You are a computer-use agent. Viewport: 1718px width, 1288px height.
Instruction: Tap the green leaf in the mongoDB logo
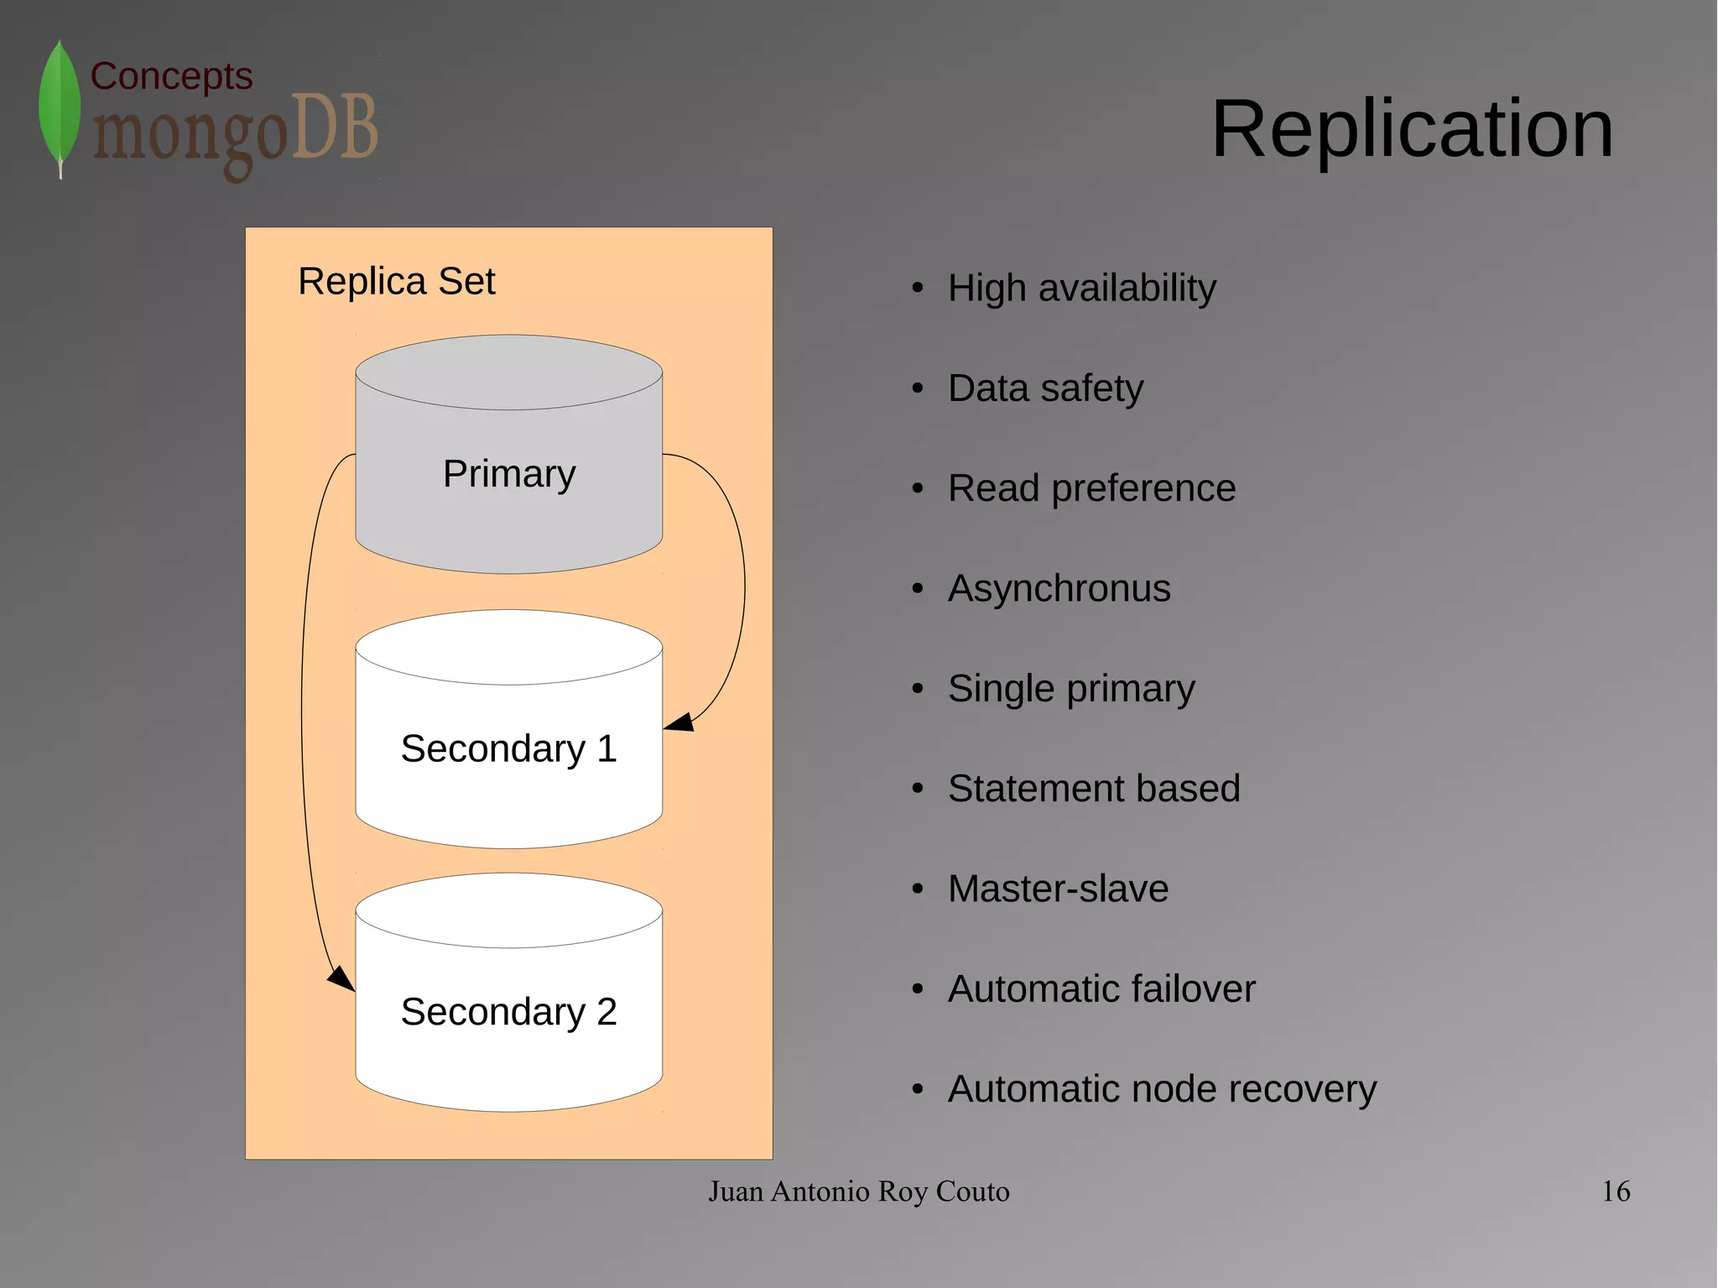coord(60,105)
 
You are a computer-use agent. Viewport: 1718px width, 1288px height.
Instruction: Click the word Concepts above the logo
coord(171,76)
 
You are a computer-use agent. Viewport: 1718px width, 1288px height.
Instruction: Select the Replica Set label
coord(396,281)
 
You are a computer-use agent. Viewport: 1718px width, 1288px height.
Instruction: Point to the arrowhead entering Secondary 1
coord(680,722)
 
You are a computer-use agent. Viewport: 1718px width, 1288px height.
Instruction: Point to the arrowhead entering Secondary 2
coord(341,978)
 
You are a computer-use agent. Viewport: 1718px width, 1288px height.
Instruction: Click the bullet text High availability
coord(1081,288)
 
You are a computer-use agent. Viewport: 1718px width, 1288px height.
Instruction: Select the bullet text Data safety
coord(1045,388)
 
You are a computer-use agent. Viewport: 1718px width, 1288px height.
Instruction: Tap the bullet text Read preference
coord(1091,488)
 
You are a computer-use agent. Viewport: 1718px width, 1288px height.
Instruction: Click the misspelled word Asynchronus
coord(1059,588)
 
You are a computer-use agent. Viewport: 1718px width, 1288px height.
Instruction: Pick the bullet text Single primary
coord(1071,689)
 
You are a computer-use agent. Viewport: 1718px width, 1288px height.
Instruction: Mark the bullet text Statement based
coord(1094,789)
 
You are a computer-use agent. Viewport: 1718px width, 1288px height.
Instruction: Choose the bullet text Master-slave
coord(1058,889)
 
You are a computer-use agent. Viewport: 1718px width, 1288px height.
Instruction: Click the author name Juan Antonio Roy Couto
coord(858,1192)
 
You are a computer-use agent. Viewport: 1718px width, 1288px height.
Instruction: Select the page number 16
coord(1616,1192)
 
